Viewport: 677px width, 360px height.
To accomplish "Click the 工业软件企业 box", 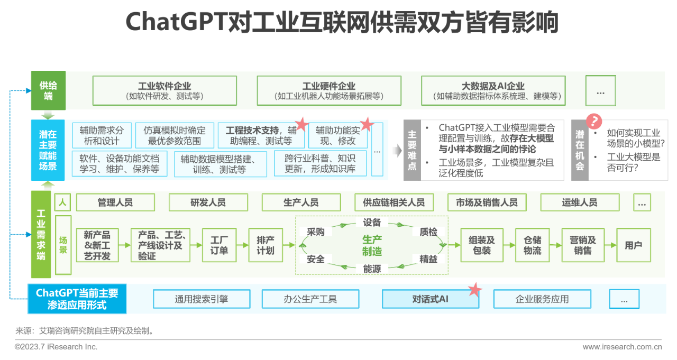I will click(x=164, y=90).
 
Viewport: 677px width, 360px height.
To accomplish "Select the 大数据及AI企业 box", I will click(x=493, y=90).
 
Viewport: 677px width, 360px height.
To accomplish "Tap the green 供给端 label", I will click(x=48, y=90).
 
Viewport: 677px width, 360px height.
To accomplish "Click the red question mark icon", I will click(x=595, y=122).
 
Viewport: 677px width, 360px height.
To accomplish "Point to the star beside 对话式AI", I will click(x=475, y=289).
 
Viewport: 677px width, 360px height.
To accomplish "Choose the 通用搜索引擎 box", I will click(x=202, y=299).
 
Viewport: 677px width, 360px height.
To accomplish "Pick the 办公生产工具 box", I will click(x=310, y=299).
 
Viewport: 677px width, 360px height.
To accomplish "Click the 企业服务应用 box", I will click(x=542, y=299).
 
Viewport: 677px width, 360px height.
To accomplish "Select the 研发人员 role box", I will click(x=208, y=202).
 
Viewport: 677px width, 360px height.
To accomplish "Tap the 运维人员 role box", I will click(x=580, y=202).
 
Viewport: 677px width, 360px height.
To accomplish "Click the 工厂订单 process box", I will click(x=219, y=245).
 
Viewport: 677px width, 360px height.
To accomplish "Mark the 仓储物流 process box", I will click(x=533, y=245).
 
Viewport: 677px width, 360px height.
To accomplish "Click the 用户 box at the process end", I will click(x=633, y=245).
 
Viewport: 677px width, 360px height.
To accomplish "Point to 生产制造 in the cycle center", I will click(x=372, y=245).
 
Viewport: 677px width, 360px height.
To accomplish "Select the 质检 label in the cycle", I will click(x=428, y=232).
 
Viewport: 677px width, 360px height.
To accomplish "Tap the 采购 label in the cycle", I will click(x=316, y=232).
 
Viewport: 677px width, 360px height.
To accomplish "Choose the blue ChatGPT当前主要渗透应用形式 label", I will click(x=77, y=299).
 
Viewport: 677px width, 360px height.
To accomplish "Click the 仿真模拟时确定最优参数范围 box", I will click(x=175, y=135).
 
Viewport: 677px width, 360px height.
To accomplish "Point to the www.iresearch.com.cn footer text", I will click(x=622, y=347).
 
